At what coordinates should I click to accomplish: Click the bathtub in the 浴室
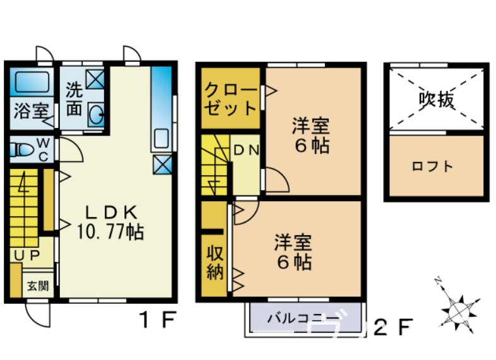point(32,82)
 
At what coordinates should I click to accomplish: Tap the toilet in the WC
point(23,151)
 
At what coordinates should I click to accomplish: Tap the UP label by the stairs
point(25,254)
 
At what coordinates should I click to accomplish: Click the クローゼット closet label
point(230,97)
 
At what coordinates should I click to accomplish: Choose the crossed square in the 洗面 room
point(97,79)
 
